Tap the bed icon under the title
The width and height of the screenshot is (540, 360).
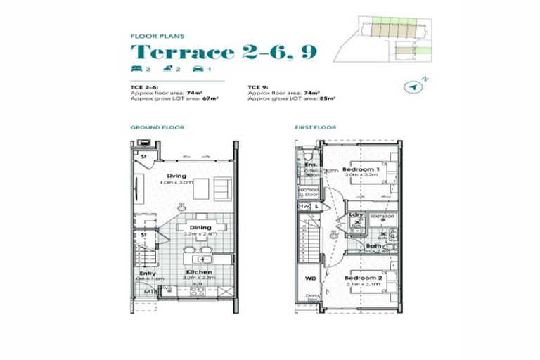point(136,68)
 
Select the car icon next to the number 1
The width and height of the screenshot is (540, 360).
point(198,68)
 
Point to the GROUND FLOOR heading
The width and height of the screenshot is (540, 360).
point(157,127)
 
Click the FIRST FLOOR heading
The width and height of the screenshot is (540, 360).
point(316,127)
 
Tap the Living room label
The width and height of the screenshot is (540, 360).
point(176,176)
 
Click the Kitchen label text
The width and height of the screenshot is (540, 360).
point(199,271)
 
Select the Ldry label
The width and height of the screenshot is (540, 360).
point(356,214)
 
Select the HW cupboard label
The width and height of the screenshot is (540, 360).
point(304,206)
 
